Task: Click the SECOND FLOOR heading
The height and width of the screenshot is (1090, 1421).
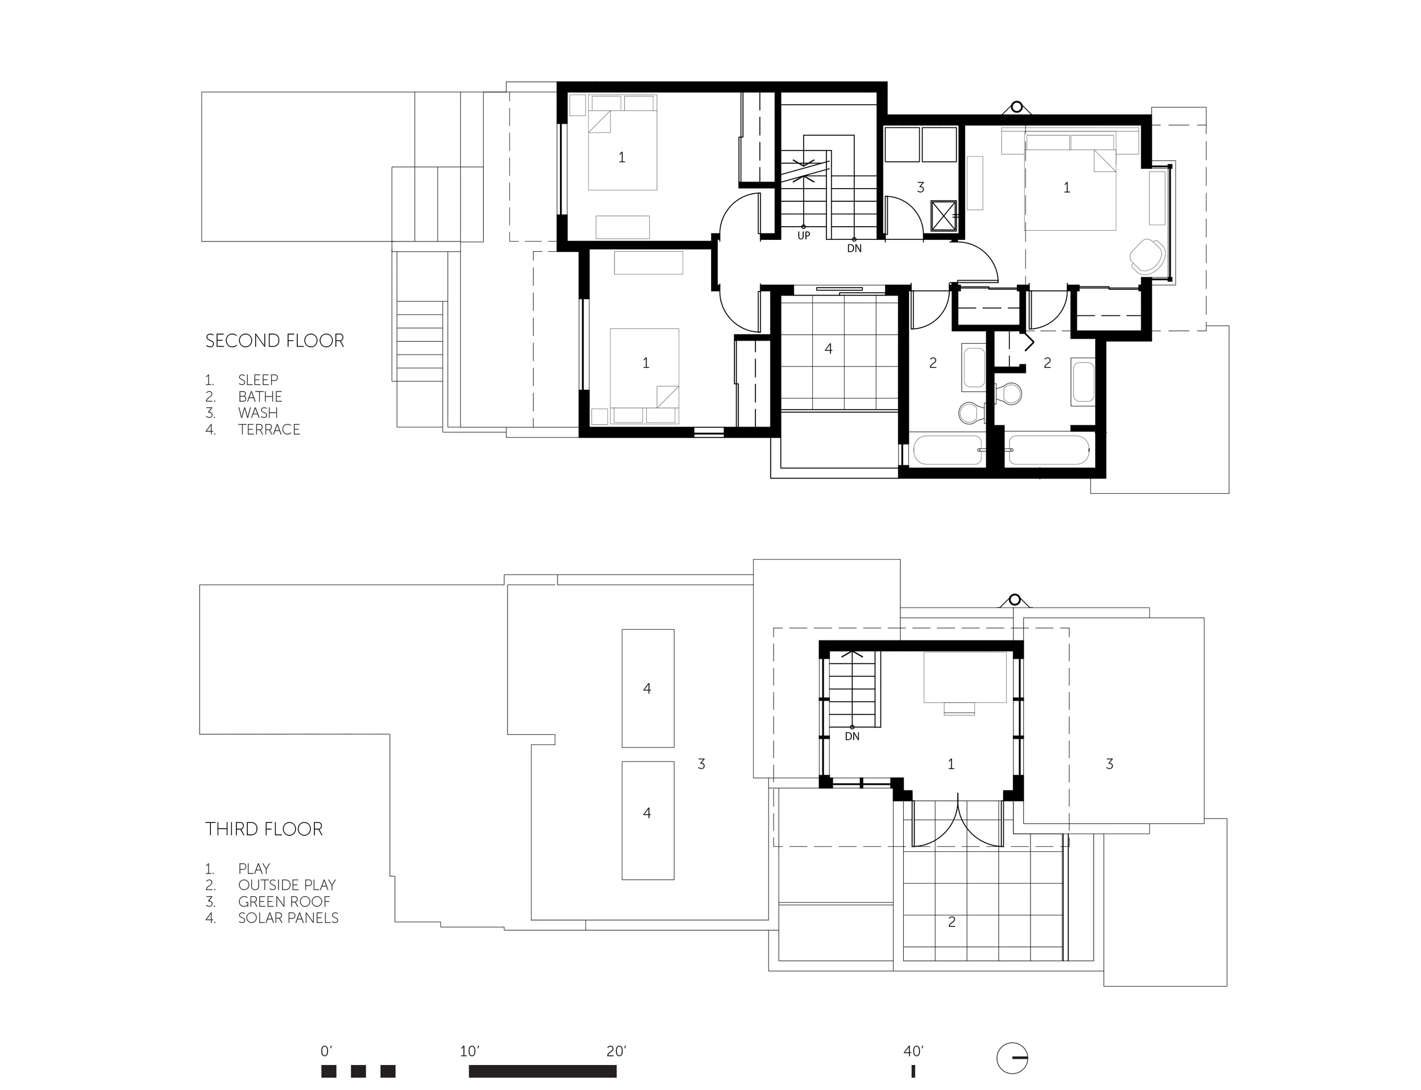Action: point(275,340)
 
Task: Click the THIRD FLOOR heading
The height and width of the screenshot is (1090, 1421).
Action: point(264,829)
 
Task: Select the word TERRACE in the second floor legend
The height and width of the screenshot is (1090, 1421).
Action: point(269,430)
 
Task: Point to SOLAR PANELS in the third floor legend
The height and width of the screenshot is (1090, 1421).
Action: point(288,918)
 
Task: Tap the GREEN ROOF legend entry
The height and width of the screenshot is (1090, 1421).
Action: point(284,902)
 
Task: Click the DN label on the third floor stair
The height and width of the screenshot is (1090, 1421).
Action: point(852,737)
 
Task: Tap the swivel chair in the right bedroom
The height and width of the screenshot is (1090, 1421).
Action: point(1147,257)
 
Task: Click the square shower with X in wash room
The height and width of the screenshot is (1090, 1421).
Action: point(945,215)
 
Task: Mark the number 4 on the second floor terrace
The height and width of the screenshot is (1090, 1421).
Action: point(829,349)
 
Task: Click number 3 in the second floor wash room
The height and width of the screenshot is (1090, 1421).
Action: point(920,188)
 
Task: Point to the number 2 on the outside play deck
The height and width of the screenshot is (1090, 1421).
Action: point(952,922)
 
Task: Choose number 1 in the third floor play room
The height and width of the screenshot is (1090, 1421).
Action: point(952,764)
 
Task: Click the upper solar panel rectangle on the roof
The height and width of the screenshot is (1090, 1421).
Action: point(647,688)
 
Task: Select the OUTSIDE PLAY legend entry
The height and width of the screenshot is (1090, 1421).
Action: point(287,885)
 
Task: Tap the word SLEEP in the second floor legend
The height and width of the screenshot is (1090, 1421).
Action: point(258,380)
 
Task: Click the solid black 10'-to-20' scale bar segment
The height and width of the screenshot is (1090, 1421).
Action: point(542,1071)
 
